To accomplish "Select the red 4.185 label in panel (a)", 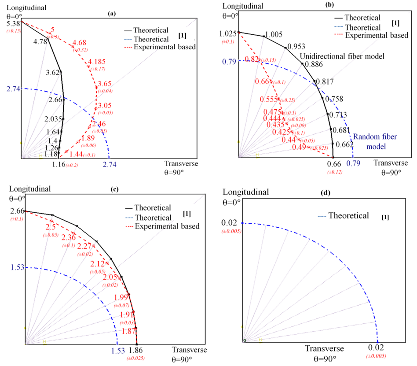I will coord(98,61).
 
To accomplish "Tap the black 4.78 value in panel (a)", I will coord(40,42).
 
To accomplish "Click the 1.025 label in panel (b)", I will coord(228,33).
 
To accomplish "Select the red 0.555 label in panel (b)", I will coord(269,99).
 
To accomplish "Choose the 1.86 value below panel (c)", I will coord(136,351).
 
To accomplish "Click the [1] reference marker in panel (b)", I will coord(395,22).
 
